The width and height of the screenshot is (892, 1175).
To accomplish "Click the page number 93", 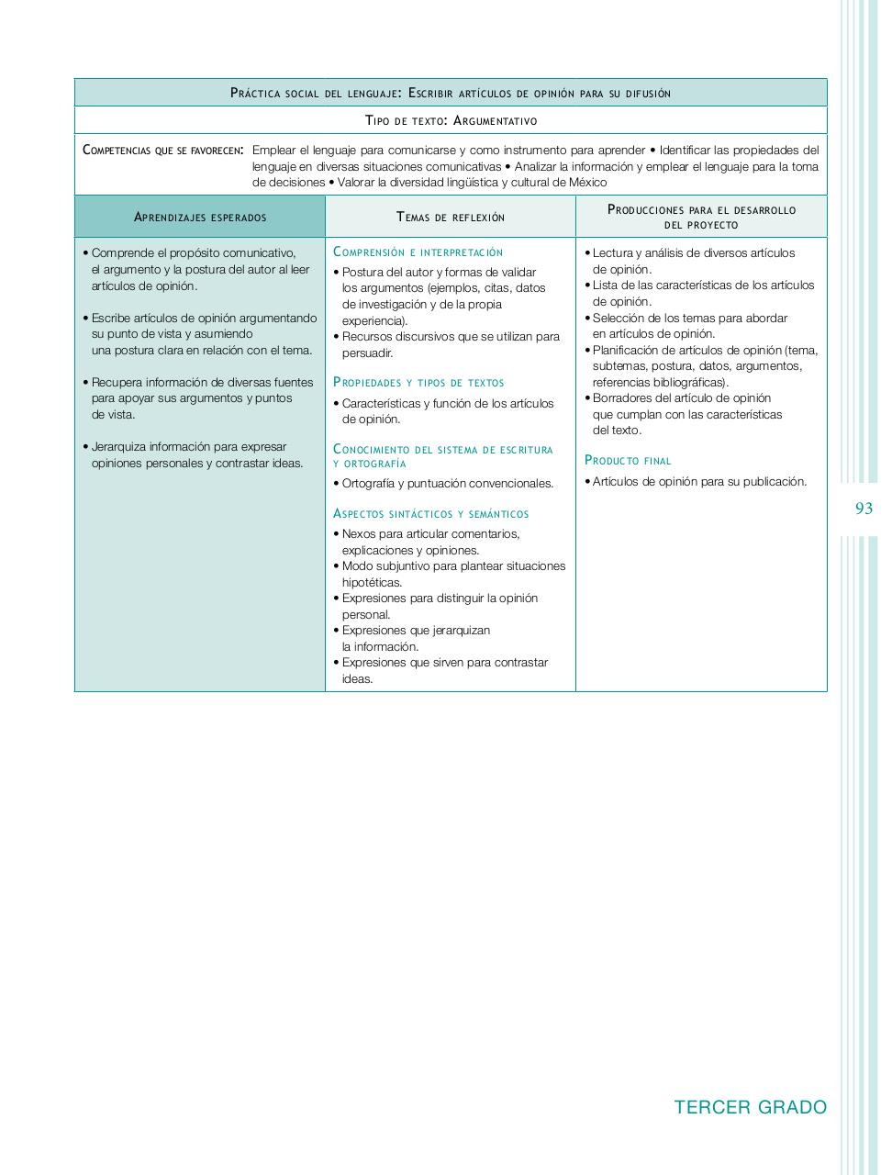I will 863,509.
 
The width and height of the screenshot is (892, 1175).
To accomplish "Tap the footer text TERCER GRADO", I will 750,1107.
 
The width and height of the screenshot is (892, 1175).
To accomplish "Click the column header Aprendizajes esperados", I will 200,218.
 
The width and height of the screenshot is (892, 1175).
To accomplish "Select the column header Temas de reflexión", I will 451,218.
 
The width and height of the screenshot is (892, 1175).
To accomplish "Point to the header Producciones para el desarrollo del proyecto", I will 701,217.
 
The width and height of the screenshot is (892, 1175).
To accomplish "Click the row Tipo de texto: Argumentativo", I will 451,120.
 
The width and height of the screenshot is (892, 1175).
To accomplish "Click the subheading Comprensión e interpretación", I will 418,252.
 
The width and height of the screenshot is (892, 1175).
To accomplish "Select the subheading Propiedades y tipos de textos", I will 418,383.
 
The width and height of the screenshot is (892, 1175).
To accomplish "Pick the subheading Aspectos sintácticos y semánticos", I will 430,514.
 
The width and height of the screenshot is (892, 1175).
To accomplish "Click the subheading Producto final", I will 628,461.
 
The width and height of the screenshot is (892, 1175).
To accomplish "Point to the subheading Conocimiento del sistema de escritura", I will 443,450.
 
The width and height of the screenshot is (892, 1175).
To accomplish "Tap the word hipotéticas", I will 372,582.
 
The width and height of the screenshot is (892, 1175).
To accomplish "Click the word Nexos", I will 359,534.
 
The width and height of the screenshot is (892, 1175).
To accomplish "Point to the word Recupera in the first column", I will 117,383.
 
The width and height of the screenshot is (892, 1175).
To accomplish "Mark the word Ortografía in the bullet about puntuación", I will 369,484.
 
